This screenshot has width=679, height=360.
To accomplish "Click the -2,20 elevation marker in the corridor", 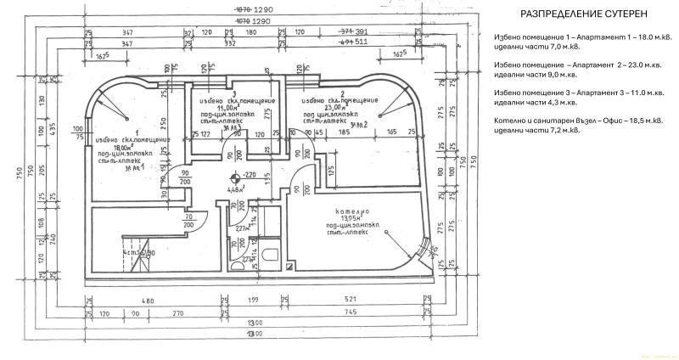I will pos(249,174).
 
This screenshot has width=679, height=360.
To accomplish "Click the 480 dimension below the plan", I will pos(146,301).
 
